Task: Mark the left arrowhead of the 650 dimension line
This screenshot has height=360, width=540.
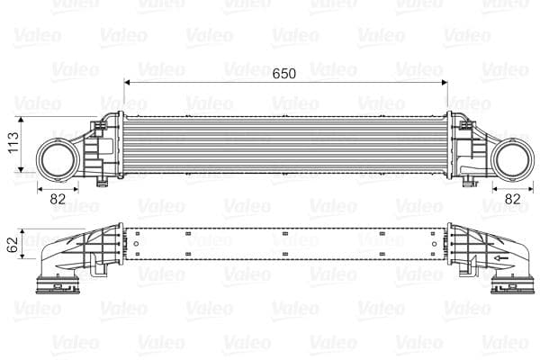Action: pos(129,83)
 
